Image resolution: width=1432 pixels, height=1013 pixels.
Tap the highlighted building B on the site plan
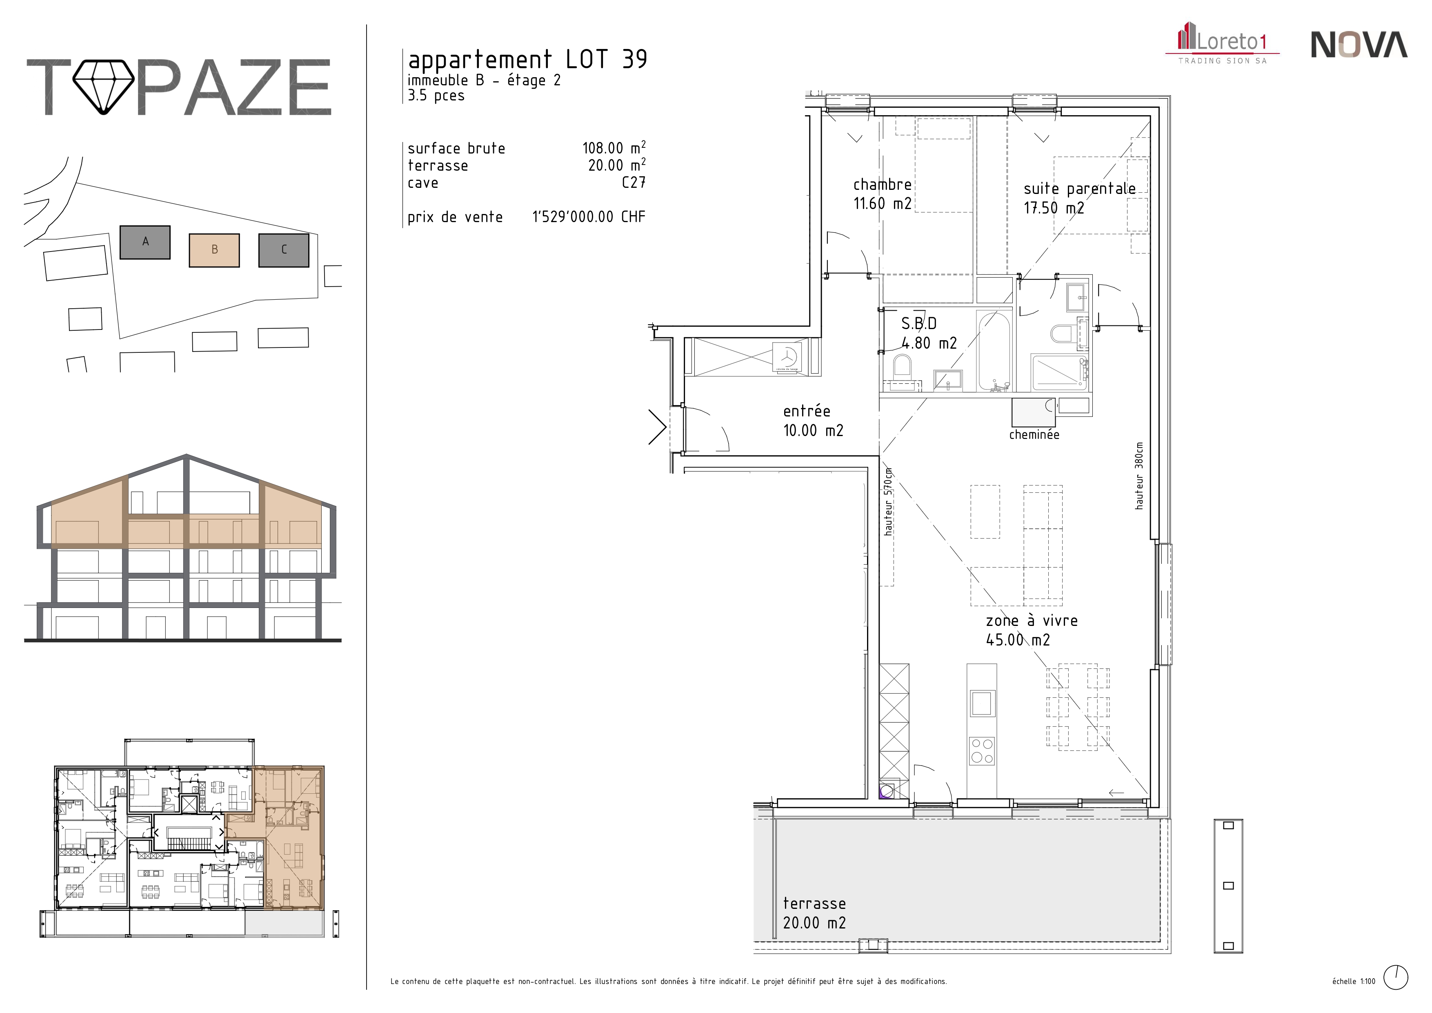click(215, 250)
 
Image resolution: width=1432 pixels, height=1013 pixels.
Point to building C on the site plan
click(284, 250)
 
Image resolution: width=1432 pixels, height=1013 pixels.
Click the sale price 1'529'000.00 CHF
click(588, 217)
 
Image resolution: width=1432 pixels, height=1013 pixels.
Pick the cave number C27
click(634, 183)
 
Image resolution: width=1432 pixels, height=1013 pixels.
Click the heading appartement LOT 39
click(528, 60)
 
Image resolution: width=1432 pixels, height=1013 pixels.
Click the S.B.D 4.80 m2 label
click(929, 333)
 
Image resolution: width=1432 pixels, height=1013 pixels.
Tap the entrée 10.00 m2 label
click(813, 421)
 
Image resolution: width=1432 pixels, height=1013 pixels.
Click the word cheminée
click(1034, 435)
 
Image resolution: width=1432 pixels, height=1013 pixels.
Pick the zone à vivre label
click(1032, 630)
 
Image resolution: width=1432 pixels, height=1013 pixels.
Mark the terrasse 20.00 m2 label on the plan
click(814, 913)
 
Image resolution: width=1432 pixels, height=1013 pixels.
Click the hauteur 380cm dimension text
click(1139, 476)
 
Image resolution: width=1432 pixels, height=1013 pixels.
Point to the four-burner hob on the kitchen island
click(982, 751)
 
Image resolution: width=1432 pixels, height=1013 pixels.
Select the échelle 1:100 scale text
click(1353, 981)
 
